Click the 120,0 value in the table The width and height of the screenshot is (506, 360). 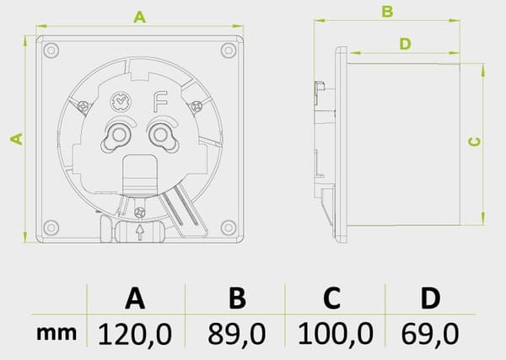click(x=135, y=334)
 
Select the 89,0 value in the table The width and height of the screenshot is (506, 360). click(x=237, y=334)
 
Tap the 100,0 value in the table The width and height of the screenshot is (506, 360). click(x=336, y=334)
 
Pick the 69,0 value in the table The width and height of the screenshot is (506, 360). click(x=430, y=334)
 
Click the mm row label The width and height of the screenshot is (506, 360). click(x=57, y=334)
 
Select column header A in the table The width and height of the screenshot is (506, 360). click(x=135, y=298)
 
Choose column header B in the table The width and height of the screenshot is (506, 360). click(x=237, y=298)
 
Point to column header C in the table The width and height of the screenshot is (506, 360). click(x=331, y=298)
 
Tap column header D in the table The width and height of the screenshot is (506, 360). click(x=430, y=298)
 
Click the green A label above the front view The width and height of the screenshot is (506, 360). click(x=140, y=17)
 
